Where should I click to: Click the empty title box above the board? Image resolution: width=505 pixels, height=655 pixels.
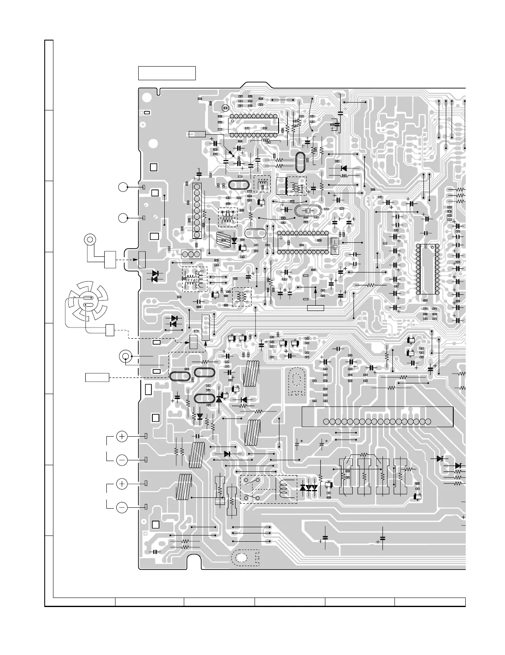click(x=167, y=73)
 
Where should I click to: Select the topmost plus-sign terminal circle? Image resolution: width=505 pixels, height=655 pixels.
click(x=122, y=436)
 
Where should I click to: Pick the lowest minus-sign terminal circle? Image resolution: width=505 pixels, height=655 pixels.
click(x=122, y=507)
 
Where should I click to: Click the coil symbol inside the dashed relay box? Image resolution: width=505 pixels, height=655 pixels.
click(x=284, y=489)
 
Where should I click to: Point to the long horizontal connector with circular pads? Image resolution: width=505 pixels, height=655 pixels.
click(x=377, y=421)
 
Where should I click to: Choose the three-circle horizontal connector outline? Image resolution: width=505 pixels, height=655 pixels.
click(x=191, y=254)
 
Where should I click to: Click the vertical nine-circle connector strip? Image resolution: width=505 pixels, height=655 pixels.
click(x=197, y=211)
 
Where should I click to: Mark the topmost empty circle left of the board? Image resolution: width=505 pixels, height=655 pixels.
click(x=122, y=187)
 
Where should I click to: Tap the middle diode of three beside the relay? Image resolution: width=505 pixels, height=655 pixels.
click(x=309, y=488)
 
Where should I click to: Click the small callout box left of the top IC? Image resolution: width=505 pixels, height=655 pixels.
click(x=197, y=134)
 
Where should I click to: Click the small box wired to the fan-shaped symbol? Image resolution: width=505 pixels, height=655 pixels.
click(x=110, y=330)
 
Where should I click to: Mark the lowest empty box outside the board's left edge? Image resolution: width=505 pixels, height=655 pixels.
click(x=97, y=377)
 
